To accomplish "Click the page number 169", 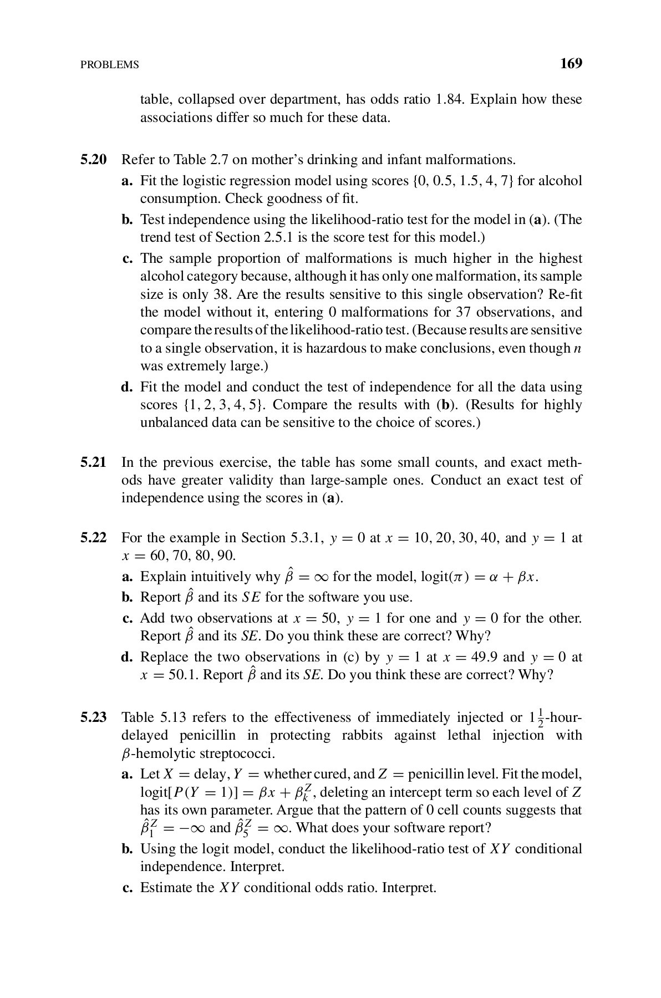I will (571, 64).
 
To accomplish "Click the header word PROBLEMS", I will (110, 65).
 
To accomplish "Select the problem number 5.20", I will (93, 160).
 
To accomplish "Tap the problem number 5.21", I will (93, 462).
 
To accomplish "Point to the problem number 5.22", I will (93, 538).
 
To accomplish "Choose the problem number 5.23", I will (93, 717).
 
